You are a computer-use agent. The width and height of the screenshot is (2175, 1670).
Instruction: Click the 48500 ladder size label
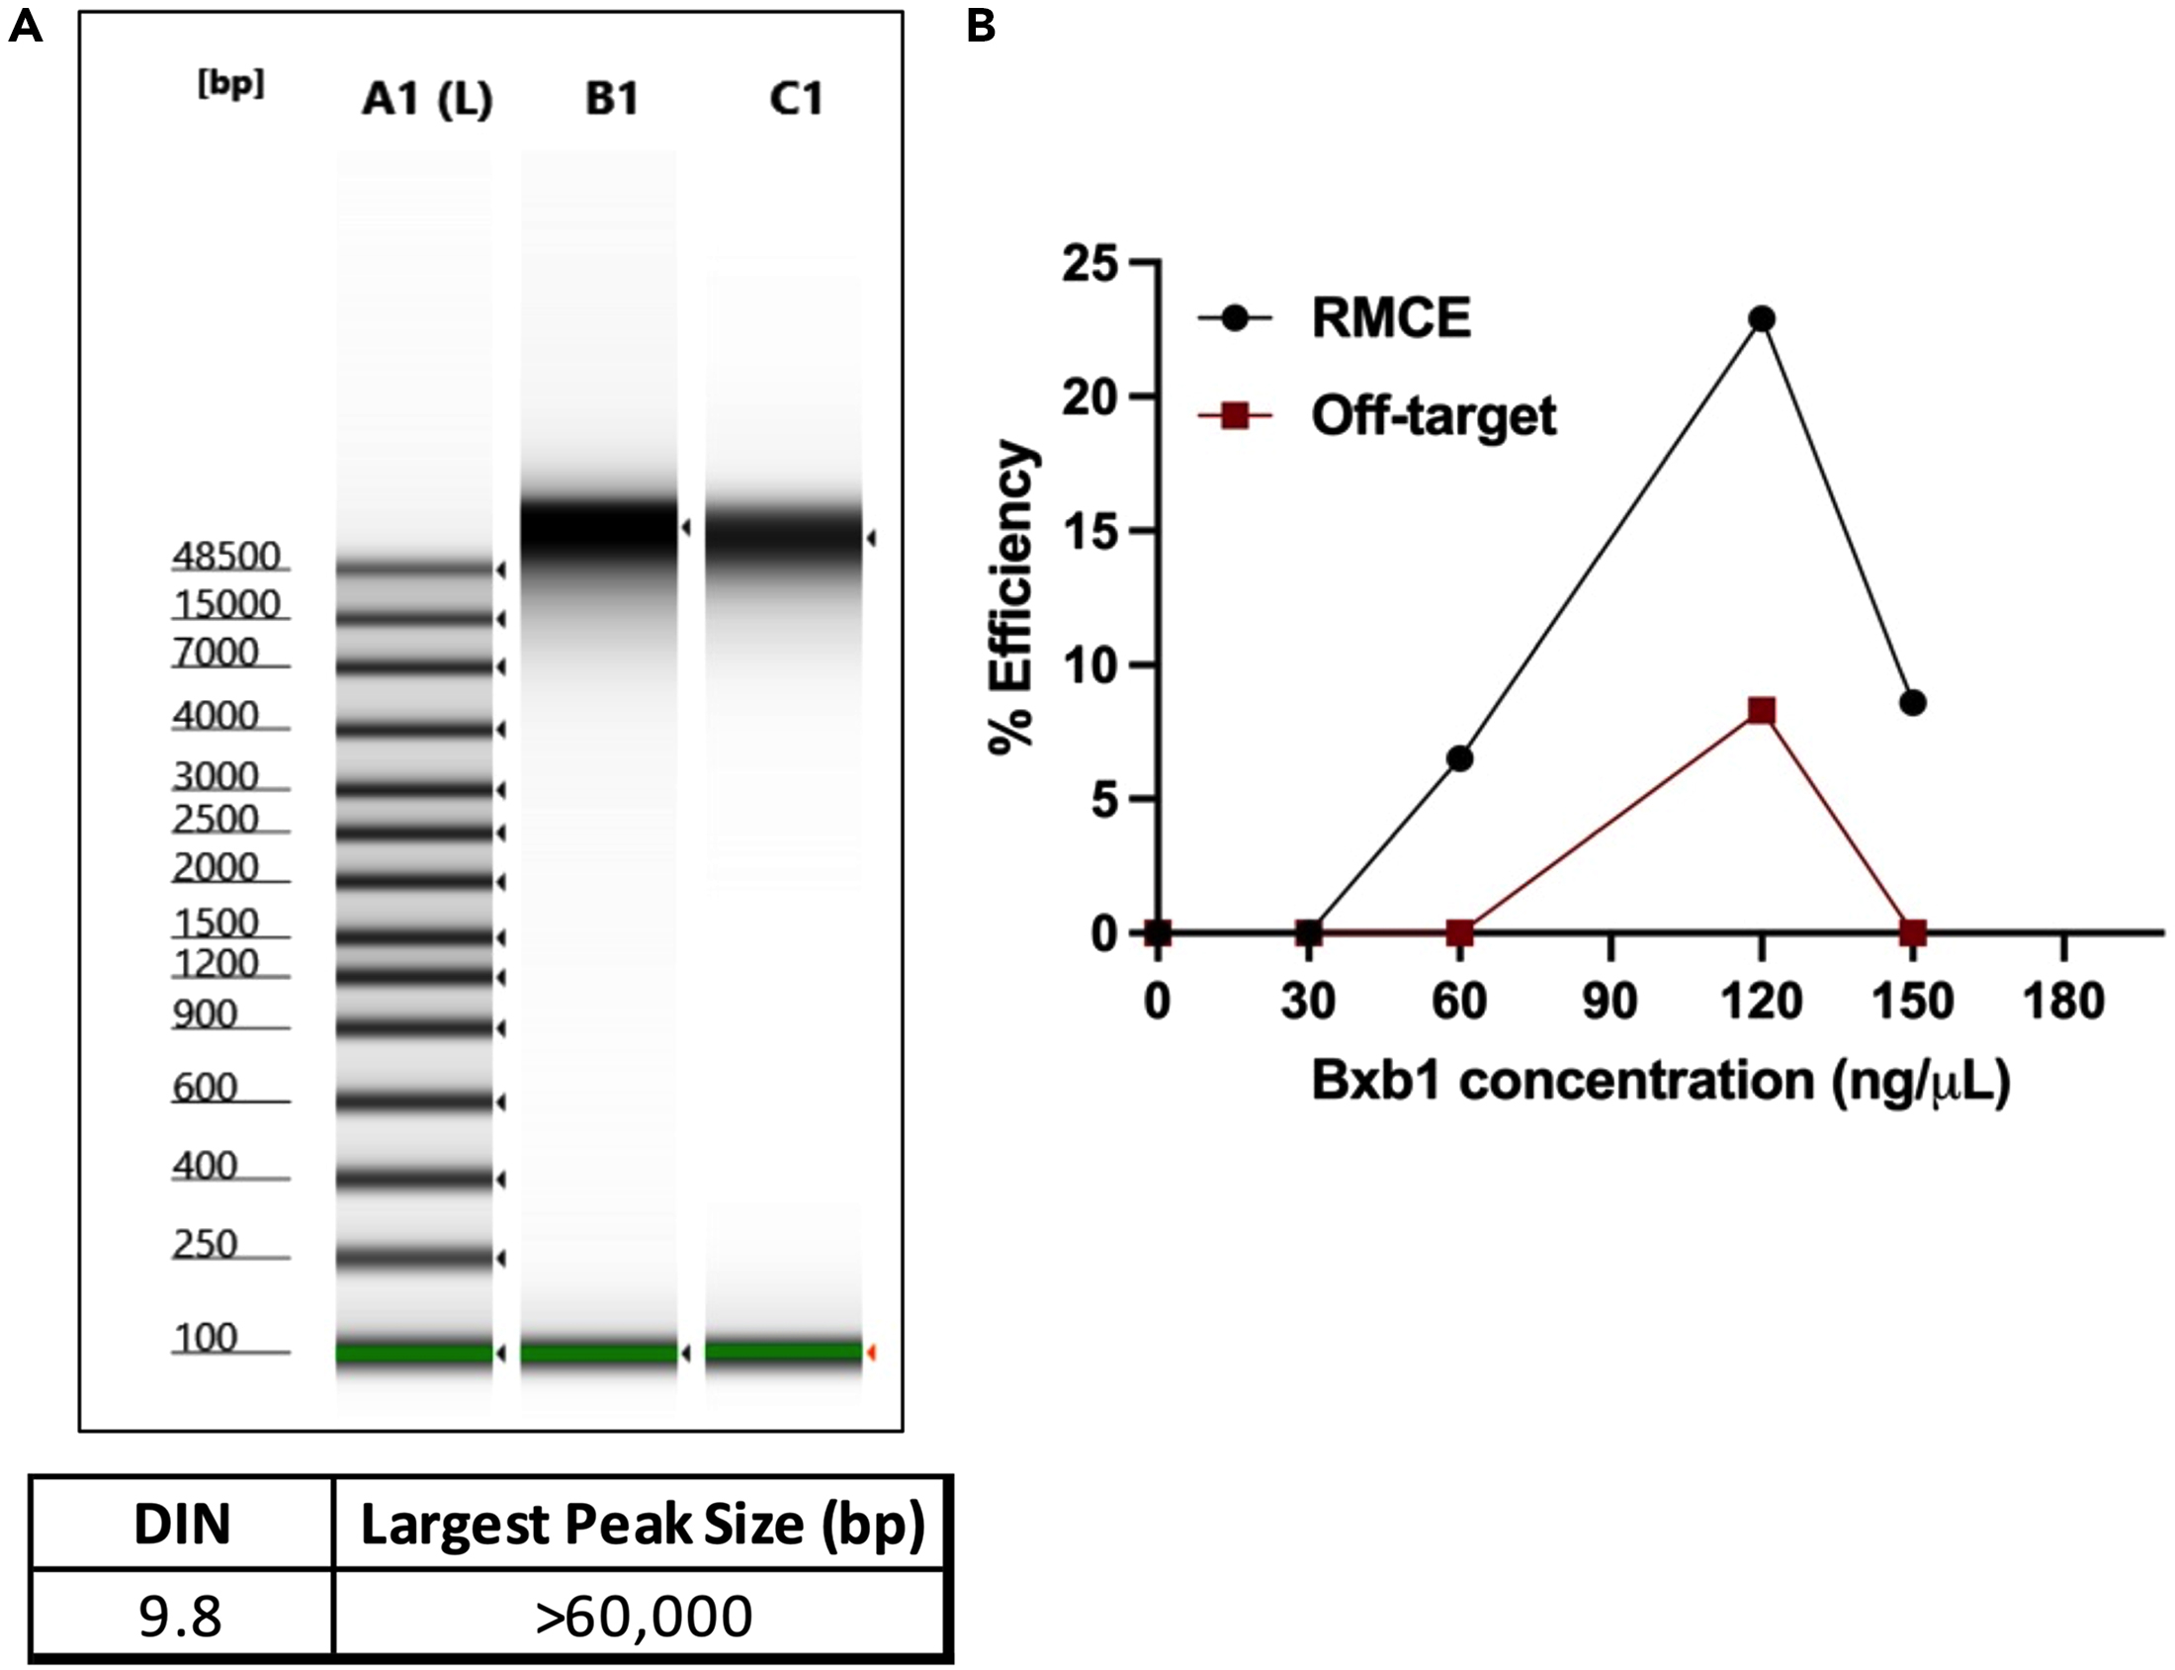226,557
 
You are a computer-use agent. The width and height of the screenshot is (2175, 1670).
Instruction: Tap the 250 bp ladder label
205,1245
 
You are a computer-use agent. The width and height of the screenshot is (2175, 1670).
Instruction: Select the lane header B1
611,100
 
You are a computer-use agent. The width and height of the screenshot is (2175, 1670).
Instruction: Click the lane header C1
796,100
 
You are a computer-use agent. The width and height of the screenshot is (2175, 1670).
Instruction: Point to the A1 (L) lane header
427,100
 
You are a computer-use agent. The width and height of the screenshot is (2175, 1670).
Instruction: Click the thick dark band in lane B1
598,528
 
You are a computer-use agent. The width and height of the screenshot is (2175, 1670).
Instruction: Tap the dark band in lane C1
783,538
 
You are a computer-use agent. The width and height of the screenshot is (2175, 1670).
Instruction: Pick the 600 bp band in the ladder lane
414,1101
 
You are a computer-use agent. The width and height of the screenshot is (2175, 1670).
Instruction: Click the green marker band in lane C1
783,1352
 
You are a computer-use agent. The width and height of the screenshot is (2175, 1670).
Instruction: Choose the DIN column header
181,1524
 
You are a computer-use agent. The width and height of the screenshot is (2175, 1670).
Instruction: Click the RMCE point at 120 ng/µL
1763,319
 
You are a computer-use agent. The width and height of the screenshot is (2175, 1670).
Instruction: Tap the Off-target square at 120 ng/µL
1762,711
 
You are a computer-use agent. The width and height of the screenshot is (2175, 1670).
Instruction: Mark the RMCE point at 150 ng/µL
1913,703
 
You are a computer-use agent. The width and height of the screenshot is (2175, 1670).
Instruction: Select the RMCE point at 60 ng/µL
1459,758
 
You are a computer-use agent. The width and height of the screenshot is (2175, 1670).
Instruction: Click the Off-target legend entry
1432,415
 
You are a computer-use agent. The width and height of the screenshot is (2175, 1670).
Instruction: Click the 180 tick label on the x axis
2063,1002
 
